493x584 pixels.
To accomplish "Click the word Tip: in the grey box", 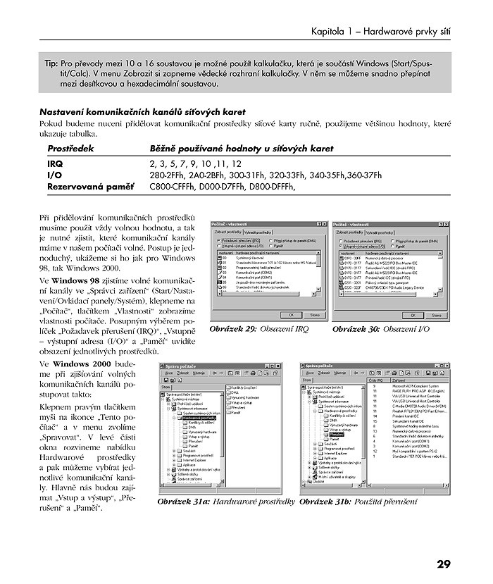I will (x=51, y=63).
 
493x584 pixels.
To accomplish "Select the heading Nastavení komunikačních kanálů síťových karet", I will (x=142, y=111).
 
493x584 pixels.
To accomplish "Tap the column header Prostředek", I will (x=70, y=149).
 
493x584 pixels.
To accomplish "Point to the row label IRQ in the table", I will (x=55, y=163).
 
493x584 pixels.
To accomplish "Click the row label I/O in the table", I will (x=54, y=175).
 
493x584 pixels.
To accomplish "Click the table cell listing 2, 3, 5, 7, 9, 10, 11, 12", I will (x=190, y=163).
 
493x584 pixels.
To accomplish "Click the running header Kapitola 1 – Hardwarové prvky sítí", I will (x=381, y=32).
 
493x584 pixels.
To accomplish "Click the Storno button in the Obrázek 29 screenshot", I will (x=314, y=315).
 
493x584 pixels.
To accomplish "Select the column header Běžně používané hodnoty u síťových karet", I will (x=242, y=149).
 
